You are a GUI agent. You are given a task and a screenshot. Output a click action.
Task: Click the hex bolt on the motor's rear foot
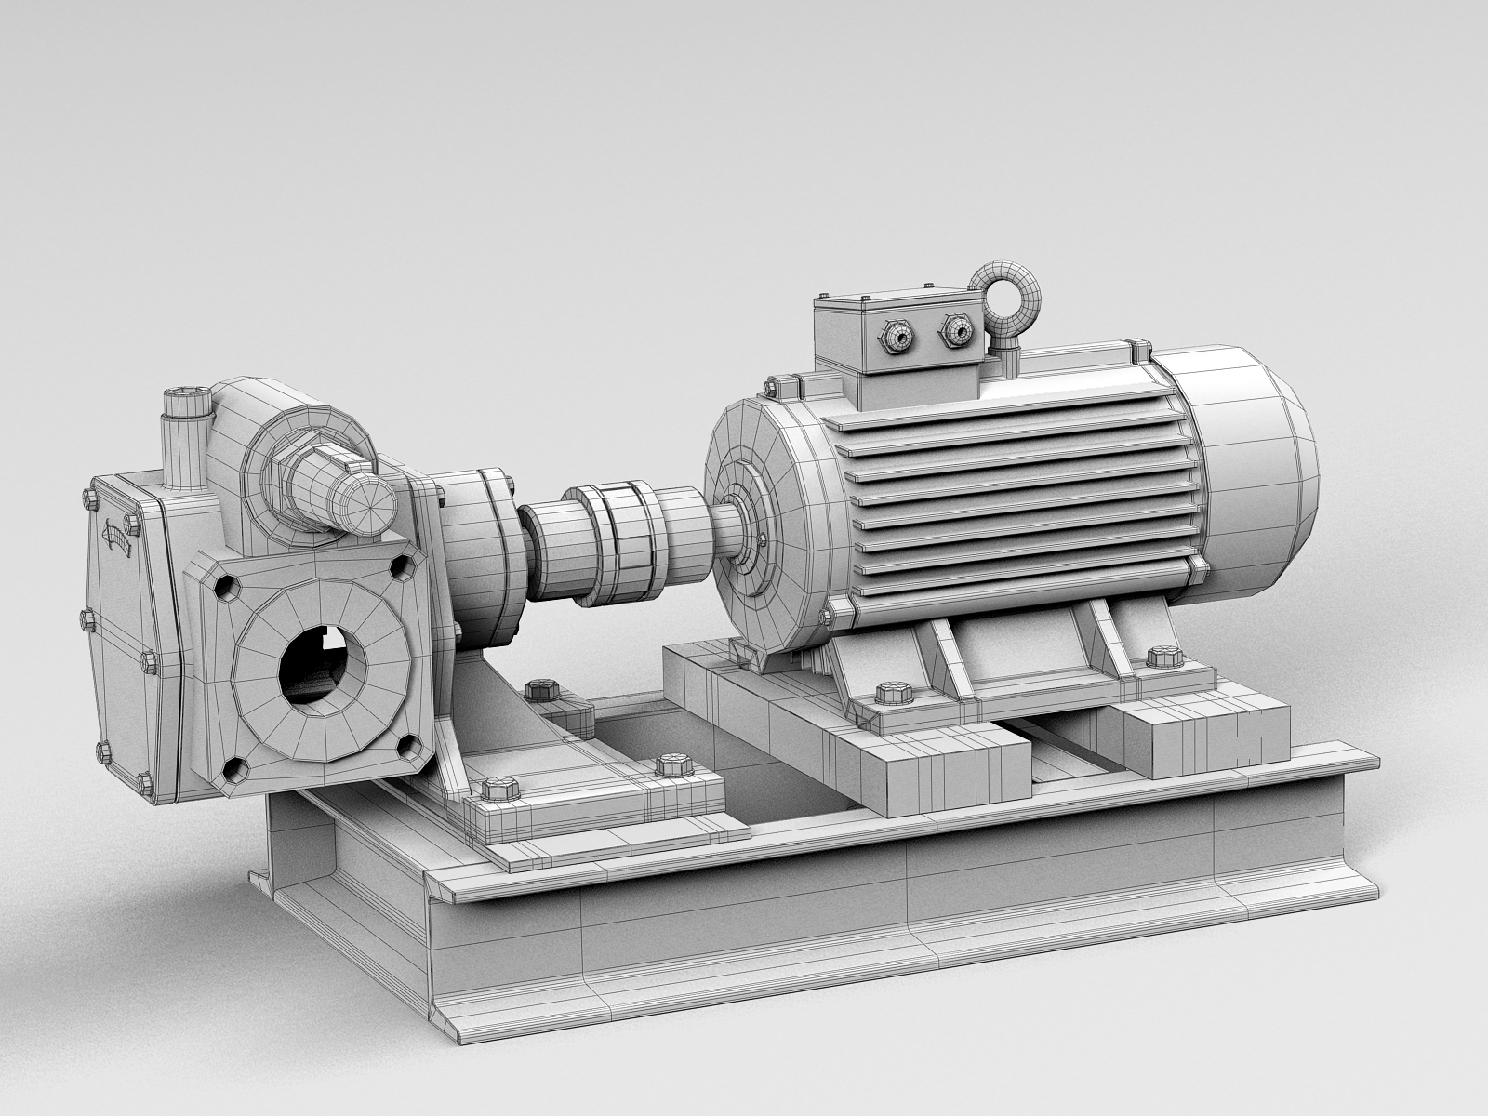[x=1162, y=657]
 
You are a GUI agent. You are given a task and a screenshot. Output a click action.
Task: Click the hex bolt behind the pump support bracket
[x=540, y=692]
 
